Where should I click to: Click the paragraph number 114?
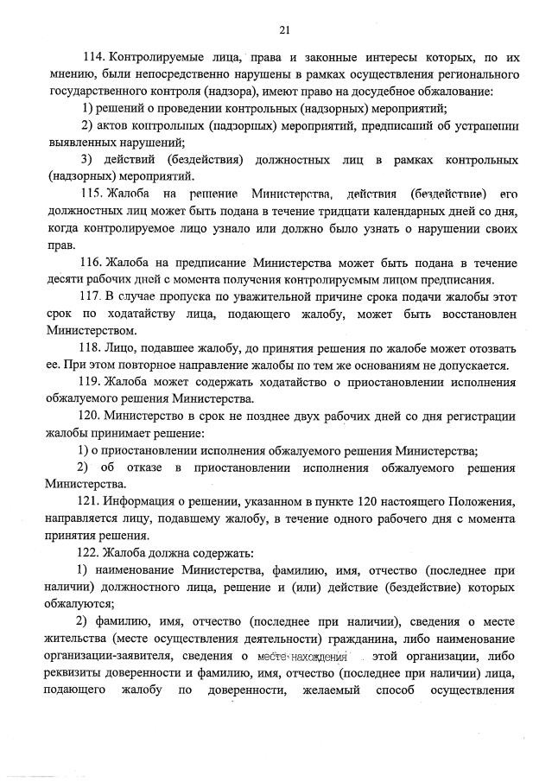click(x=92, y=58)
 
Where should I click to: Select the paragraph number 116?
click(x=92, y=262)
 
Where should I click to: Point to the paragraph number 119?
click(x=92, y=381)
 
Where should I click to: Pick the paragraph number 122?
click(x=92, y=551)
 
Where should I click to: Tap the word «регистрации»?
click(x=479, y=416)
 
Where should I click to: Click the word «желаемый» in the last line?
click(x=332, y=690)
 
